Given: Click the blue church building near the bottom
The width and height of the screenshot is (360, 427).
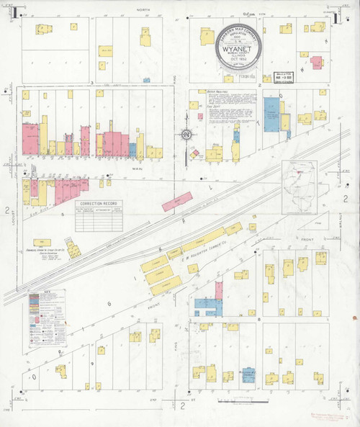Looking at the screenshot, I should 248,375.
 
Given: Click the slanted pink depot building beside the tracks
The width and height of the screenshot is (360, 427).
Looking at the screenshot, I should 176,202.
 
